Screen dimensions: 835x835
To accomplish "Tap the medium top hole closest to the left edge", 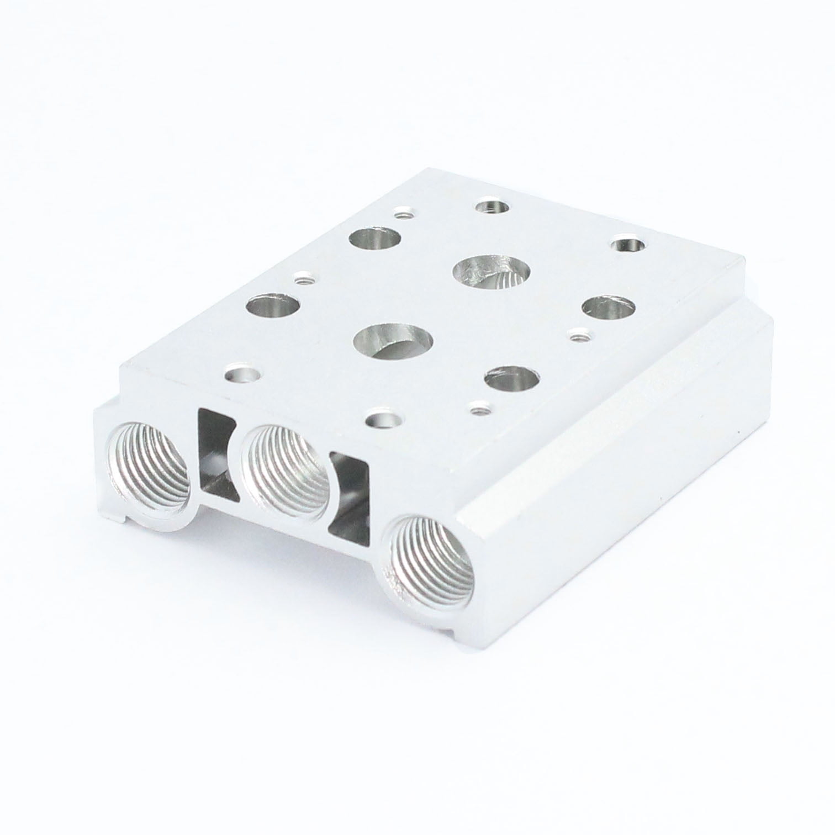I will click(x=273, y=305).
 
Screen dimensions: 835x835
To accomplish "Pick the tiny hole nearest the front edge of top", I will click(x=478, y=409).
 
